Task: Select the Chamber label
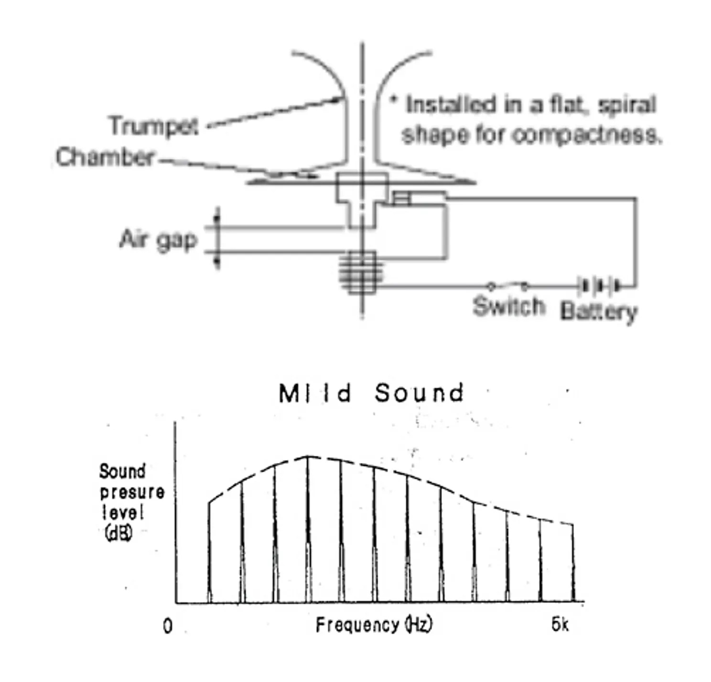click(x=105, y=157)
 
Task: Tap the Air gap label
click(x=158, y=240)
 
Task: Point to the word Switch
click(x=509, y=306)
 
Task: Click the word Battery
click(x=599, y=311)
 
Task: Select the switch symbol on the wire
click(x=507, y=286)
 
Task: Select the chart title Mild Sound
click(x=371, y=393)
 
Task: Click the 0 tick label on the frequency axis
click(x=168, y=626)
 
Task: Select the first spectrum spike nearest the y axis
click(x=209, y=552)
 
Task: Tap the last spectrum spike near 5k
click(x=573, y=563)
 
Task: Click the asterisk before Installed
click(x=394, y=99)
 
